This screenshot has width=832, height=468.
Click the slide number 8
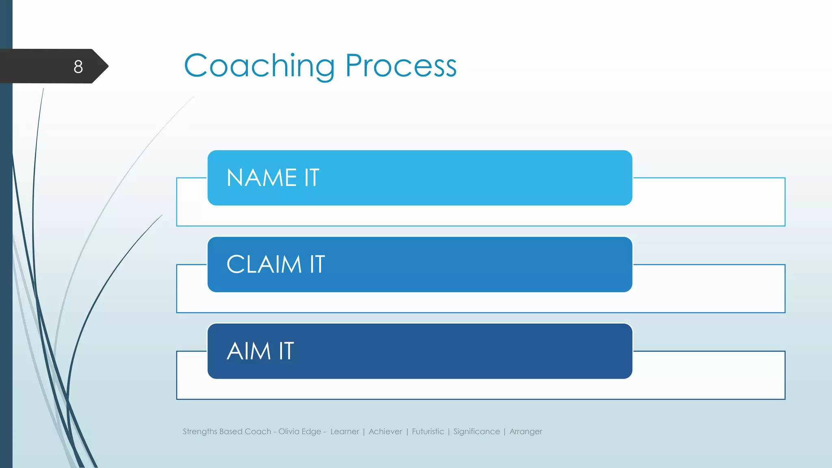78,67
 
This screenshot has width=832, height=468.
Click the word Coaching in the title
259,66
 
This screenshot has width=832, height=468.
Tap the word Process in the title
401,66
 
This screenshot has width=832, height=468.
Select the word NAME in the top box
262,178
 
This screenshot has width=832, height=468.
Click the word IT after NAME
312,178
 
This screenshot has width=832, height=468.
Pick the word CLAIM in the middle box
264,264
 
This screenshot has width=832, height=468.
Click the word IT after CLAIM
317,264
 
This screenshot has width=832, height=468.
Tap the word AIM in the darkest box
249,351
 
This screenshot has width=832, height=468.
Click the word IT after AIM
286,351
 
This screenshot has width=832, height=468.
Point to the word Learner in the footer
344,431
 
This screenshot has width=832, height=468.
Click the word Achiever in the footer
385,431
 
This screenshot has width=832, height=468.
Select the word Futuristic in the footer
428,431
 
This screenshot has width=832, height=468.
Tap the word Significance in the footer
477,431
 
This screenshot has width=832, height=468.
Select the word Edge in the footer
312,432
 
